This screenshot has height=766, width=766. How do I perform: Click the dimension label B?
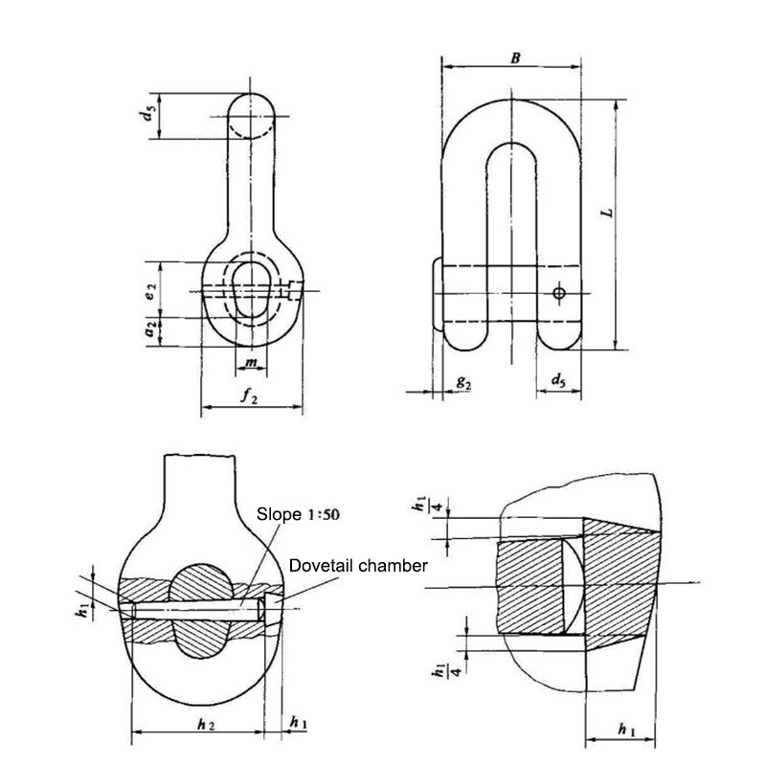(x=514, y=58)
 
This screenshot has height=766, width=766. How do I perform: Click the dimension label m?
(x=249, y=363)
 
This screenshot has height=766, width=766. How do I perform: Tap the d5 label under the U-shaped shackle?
(x=557, y=382)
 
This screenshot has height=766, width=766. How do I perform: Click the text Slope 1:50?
(x=299, y=513)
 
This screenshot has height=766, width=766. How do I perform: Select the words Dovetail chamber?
(x=357, y=566)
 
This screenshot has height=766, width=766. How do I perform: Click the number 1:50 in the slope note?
(x=321, y=513)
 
